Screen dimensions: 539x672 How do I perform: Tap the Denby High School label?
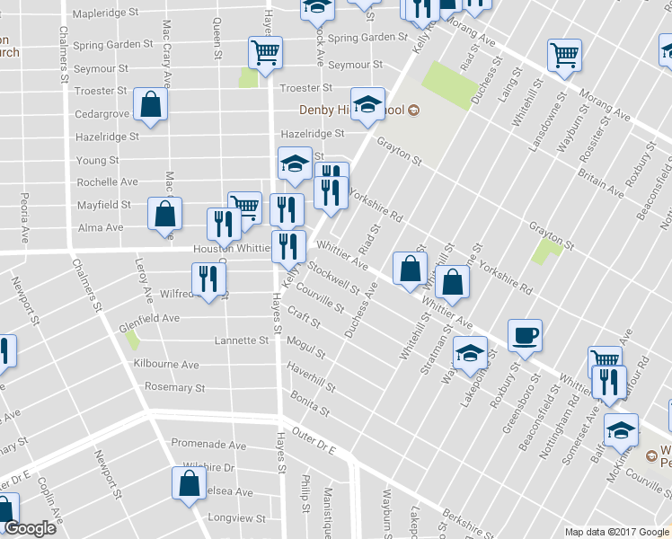[x=351, y=111]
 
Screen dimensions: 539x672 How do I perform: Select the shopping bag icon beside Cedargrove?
[x=151, y=104]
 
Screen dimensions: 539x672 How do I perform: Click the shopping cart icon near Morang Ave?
[x=564, y=55]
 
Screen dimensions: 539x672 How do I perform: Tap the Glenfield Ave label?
[x=149, y=318]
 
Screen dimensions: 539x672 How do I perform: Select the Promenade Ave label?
[x=208, y=445]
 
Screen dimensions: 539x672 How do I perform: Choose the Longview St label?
[x=237, y=518]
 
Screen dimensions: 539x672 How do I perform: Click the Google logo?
[x=30, y=528]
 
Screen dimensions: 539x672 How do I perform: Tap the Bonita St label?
[x=311, y=402]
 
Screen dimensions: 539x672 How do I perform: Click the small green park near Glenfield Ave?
[x=133, y=340]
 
